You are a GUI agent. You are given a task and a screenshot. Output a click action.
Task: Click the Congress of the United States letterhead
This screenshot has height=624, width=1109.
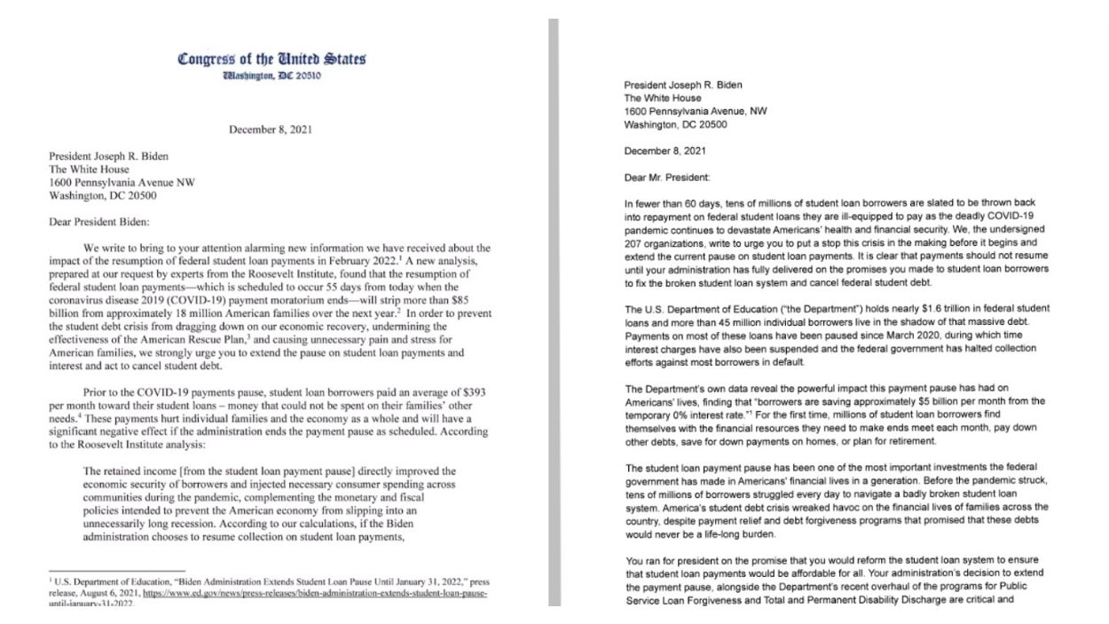[271, 59]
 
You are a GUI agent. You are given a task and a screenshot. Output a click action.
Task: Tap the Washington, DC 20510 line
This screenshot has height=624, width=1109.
[271, 76]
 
